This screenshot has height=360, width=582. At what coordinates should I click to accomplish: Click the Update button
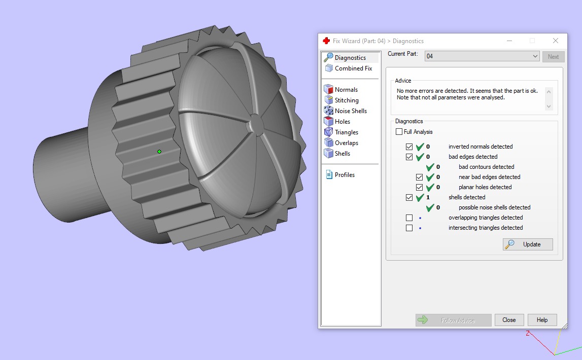pos(528,244)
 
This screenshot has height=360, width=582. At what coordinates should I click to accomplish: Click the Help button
pos(542,320)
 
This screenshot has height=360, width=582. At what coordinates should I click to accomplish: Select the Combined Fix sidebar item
pos(353,68)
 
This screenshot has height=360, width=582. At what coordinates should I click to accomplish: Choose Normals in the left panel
pos(346,90)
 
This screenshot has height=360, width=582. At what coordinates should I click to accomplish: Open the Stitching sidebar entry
pos(347,100)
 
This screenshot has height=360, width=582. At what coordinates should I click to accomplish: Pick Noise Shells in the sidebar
pos(351,111)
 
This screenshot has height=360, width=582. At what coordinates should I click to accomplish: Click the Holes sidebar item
pos(342,122)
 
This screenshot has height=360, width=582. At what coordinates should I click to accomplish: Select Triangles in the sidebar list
pos(346,132)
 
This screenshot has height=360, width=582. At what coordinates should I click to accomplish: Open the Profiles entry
pos(345,175)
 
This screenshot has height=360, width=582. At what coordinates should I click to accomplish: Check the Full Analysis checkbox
pos(399,132)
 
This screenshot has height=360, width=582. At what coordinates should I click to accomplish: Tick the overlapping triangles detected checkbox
pos(409,218)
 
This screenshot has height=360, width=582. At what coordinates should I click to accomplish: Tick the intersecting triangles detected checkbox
pos(409,228)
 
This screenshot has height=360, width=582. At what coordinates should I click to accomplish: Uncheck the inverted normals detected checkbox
pos(409,147)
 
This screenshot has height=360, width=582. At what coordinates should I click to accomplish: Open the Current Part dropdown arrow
pos(535,56)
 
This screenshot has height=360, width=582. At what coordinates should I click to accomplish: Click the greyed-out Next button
pos(553,57)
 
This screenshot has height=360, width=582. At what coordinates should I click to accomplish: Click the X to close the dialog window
pos(556,41)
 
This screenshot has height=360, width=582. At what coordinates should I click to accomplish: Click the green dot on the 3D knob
pos(159,152)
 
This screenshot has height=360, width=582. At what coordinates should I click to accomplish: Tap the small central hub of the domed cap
pos(255,125)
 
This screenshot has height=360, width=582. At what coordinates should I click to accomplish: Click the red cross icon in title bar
pos(326,41)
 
